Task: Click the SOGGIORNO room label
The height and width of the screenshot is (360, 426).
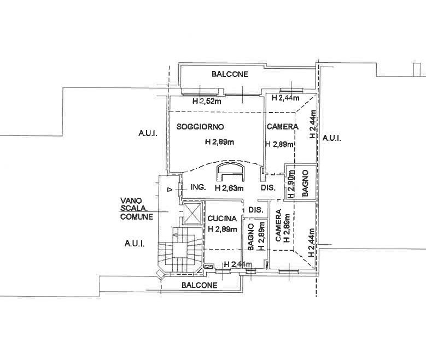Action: pyautogui.click(x=200, y=127)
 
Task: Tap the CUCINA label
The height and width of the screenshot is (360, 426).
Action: pyautogui.click(x=222, y=219)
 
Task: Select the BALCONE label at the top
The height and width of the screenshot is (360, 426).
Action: pyautogui.click(x=230, y=74)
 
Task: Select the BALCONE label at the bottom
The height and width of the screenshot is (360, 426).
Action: pyautogui.click(x=200, y=285)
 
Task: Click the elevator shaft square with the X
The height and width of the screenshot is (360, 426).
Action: pyautogui.click(x=192, y=213)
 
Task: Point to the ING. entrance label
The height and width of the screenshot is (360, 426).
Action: pyautogui.click(x=198, y=187)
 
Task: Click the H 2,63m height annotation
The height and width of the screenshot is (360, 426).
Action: pyautogui.click(x=229, y=188)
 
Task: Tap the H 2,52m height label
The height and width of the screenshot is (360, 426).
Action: pyautogui.click(x=207, y=101)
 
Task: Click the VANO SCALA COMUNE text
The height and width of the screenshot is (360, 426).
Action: pyautogui.click(x=137, y=209)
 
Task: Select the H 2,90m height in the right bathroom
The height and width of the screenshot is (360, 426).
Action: pyautogui.click(x=291, y=184)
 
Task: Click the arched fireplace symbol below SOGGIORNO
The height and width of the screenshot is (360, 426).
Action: pyautogui.click(x=231, y=172)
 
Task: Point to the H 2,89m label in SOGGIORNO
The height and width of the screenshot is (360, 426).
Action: pyautogui.click(x=219, y=141)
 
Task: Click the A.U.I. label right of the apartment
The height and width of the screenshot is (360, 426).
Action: pyautogui.click(x=332, y=138)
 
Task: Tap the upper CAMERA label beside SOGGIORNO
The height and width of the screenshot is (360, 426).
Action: pyautogui.click(x=283, y=127)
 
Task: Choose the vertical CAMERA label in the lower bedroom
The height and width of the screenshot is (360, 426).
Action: pyautogui.click(x=278, y=225)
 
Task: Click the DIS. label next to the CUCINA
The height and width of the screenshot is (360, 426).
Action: pyautogui.click(x=255, y=210)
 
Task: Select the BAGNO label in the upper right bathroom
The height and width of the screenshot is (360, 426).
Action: pyautogui.click(x=305, y=183)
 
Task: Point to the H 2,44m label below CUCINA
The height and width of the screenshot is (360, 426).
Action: pyautogui.click(x=238, y=264)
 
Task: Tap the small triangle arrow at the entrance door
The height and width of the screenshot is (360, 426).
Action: pyautogui.click(x=170, y=190)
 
